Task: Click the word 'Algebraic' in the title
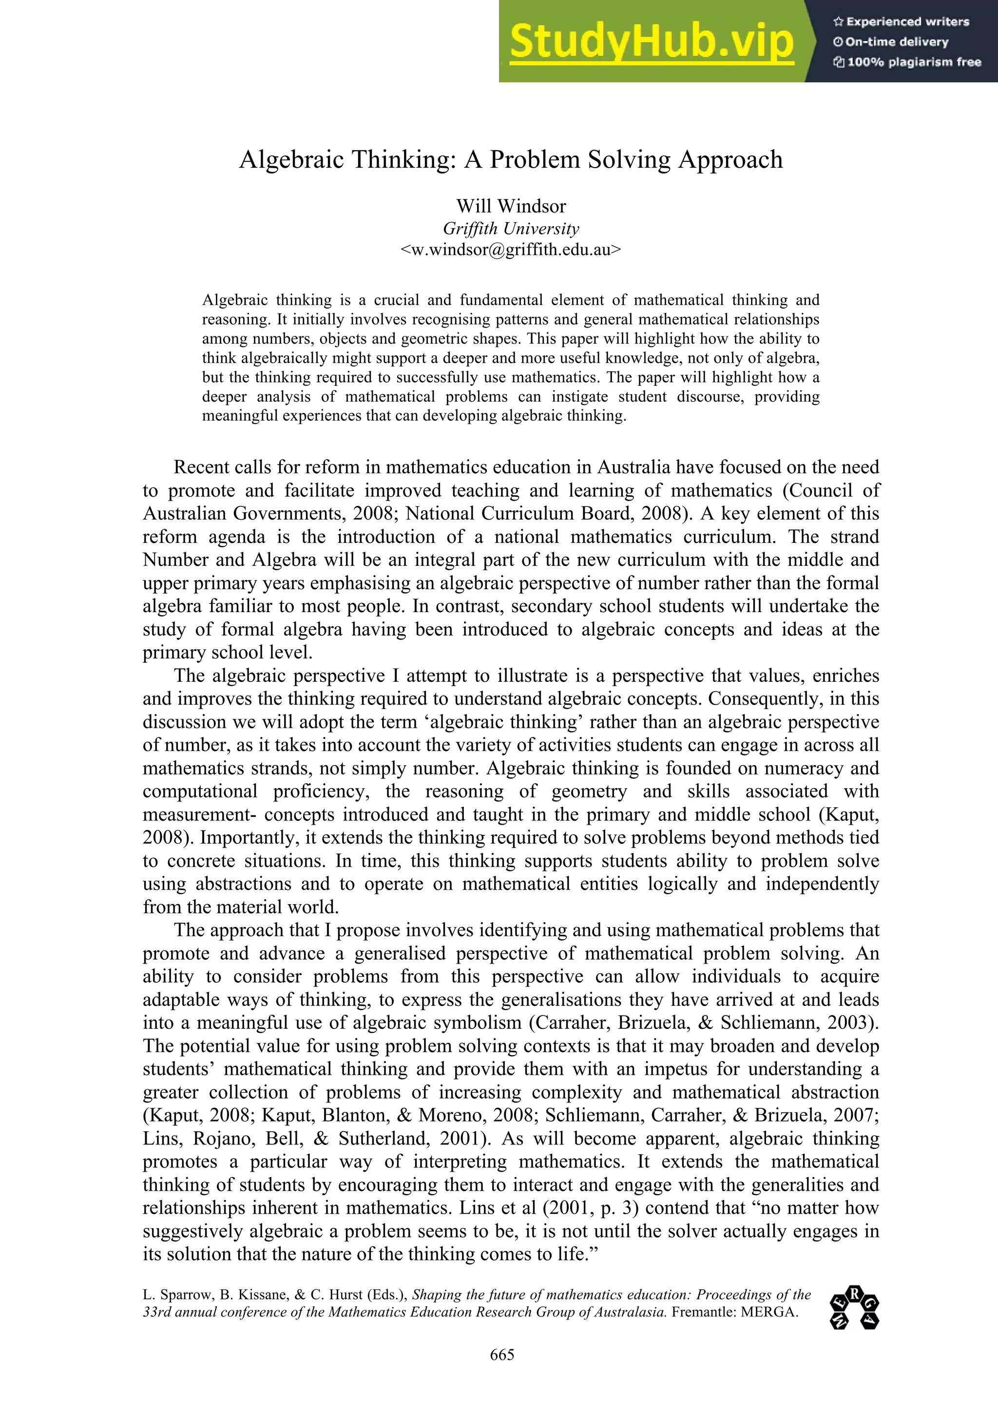291,160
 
